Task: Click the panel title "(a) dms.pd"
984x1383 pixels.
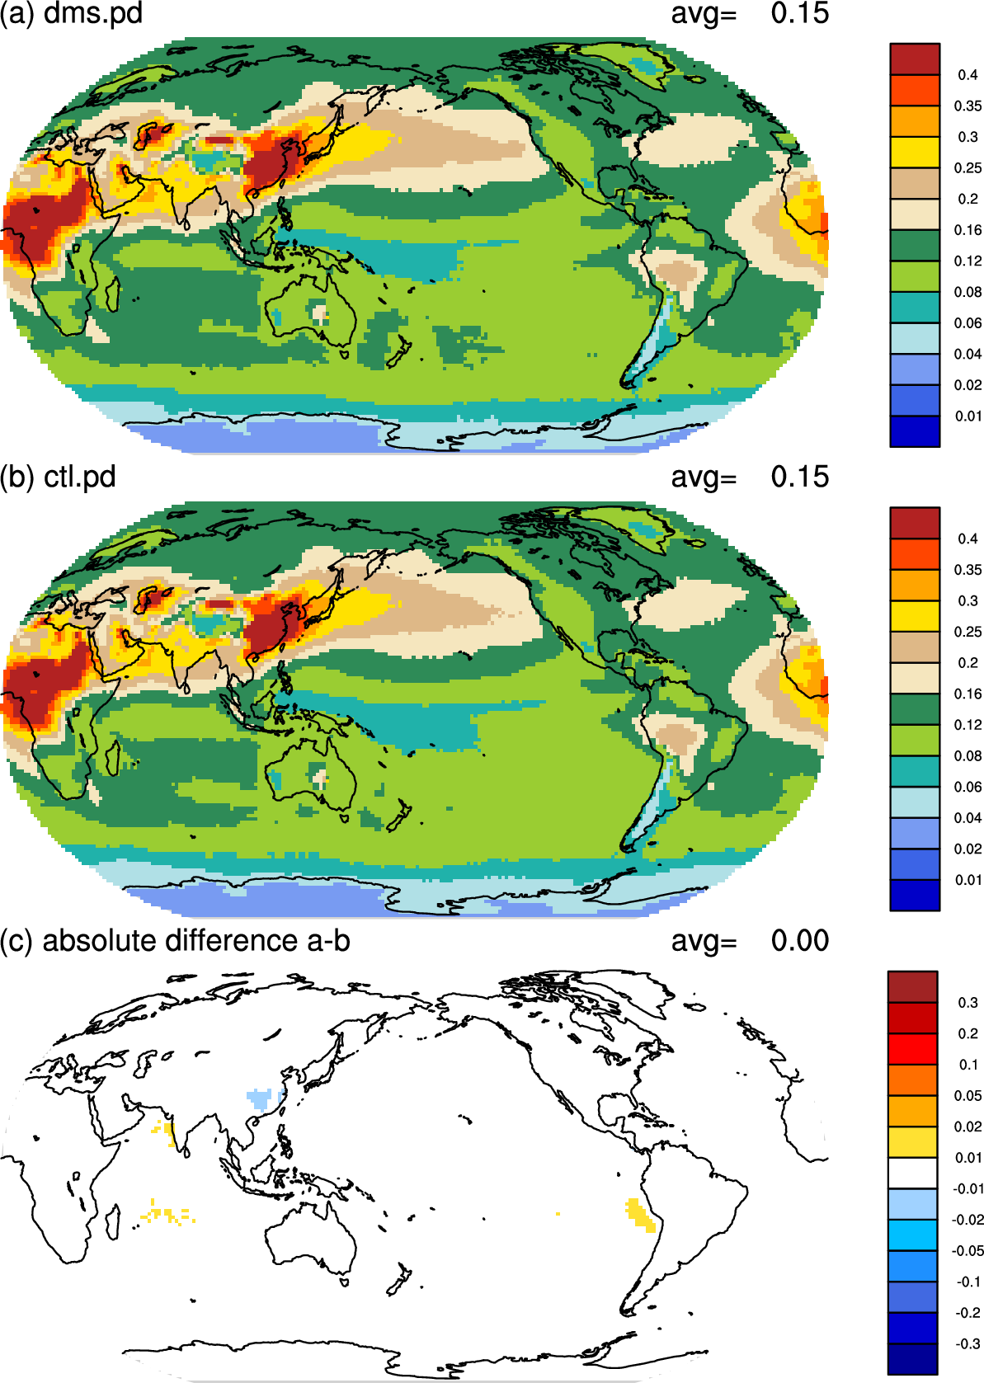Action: point(71,13)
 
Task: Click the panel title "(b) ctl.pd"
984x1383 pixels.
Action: point(58,477)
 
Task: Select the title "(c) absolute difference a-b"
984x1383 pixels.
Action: point(175,941)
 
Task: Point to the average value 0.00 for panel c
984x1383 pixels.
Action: point(799,940)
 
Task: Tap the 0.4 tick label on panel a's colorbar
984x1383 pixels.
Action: point(968,75)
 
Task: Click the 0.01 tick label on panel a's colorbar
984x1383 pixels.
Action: point(968,416)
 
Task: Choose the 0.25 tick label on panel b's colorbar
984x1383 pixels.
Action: point(968,632)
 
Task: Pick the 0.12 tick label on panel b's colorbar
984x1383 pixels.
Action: point(968,725)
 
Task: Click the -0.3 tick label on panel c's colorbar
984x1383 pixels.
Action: point(968,1343)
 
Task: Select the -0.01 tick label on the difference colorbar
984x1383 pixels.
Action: point(967,1188)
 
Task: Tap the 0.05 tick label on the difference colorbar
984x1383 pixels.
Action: point(968,1095)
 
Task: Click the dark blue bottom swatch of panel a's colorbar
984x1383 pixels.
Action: point(915,431)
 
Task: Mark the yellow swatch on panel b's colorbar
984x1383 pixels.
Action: point(915,616)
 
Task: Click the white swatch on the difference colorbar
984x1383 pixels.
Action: point(912,1173)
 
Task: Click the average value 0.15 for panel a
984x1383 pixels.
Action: point(799,13)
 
